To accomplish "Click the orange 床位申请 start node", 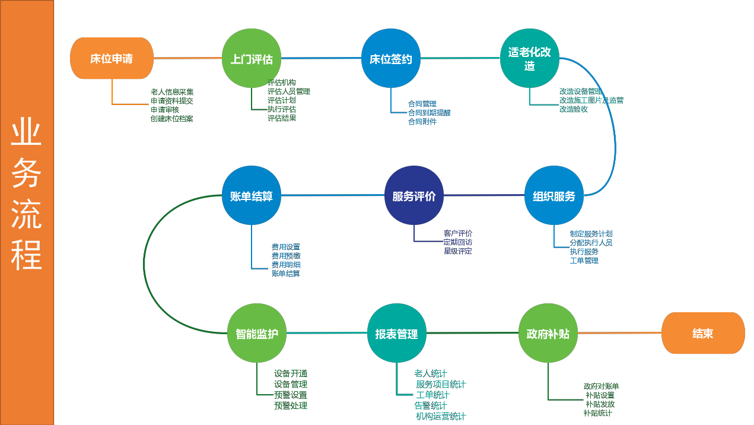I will [x=112, y=58].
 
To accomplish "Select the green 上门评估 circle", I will [x=252, y=58].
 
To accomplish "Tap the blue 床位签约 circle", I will [x=391, y=58].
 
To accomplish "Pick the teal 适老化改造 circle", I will [x=530, y=58].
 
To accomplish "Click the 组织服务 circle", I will [x=554, y=195].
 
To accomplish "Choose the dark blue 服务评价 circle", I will [x=414, y=195].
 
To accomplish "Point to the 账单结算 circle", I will [x=252, y=195].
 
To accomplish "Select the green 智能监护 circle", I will [x=257, y=333].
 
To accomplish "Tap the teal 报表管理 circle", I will [x=397, y=333].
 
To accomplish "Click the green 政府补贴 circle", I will [x=548, y=333].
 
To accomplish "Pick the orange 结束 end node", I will [x=703, y=333].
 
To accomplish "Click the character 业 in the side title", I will [x=27, y=132].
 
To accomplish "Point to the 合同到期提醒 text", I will [x=430, y=113].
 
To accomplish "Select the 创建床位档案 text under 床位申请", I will [x=172, y=119].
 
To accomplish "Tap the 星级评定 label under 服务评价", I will [x=458, y=251].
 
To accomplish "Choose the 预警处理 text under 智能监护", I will [x=291, y=406].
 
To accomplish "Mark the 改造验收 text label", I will [x=574, y=109].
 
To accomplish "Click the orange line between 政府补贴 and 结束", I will [x=619, y=333].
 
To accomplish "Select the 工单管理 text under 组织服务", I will [x=584, y=261].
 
